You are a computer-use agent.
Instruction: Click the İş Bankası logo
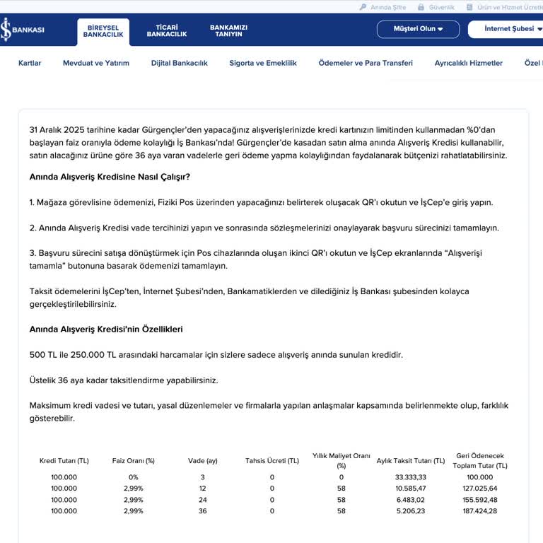[x=23, y=30]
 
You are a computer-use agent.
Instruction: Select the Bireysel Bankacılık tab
[x=103, y=31]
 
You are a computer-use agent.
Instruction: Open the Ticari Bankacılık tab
[x=166, y=31]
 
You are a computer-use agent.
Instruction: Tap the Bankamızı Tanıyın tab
[x=228, y=31]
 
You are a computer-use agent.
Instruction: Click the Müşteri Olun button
[x=419, y=29]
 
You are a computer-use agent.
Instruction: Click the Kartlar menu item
[x=30, y=63]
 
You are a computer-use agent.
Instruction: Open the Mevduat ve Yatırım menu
[x=96, y=63]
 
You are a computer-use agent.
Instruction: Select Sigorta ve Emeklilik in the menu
[x=263, y=63]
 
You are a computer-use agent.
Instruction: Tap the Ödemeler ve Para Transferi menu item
[x=366, y=63]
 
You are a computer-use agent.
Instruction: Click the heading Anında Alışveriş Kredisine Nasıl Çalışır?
[x=110, y=176]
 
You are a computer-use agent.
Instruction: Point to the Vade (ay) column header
[x=203, y=461]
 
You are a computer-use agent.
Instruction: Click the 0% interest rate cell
[x=134, y=477]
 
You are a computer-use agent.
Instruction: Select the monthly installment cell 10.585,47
[x=410, y=489]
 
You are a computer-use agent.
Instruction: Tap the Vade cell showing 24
[x=203, y=500]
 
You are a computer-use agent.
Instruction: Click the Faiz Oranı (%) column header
[x=134, y=461]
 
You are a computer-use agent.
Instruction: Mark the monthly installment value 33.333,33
[x=410, y=477]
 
